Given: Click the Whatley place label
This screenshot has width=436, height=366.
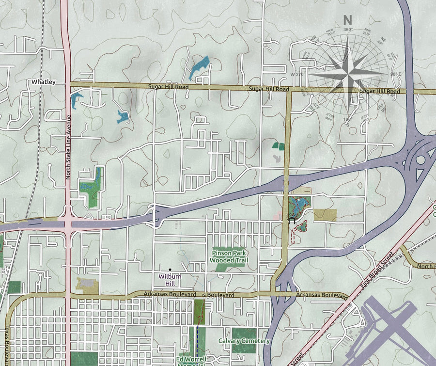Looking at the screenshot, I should pos(44,82).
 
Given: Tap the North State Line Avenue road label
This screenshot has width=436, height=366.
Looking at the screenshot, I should pos(68,147).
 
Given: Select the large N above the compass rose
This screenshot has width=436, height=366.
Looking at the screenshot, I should pos(347,20).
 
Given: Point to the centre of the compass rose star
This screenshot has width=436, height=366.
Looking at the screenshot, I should pos(349,73).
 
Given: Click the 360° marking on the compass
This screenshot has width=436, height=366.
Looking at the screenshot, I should pos(347,30).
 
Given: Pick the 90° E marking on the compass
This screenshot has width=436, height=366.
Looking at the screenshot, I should pos(396,74).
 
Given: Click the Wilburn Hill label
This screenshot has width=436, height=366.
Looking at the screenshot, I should pos(170,280).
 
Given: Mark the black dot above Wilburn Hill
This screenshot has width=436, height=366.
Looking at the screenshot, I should pos(170,269).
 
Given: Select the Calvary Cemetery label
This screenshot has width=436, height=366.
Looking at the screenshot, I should pos(244,341).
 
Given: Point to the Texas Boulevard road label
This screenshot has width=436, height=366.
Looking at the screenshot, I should pos(7,345).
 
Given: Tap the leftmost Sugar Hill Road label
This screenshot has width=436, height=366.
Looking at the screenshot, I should pos(168,87).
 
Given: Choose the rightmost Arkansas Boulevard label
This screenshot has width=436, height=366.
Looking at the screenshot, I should pos(322,295).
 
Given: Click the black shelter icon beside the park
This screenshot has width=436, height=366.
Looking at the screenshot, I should pos(292,220).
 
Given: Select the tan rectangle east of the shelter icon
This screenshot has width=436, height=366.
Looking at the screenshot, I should pos(325,215).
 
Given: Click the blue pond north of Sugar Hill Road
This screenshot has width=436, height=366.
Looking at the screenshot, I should pos(199,67).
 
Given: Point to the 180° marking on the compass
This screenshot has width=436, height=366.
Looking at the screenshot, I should pos(347,119).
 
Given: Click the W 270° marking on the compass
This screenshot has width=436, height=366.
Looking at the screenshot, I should pos(299,75).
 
